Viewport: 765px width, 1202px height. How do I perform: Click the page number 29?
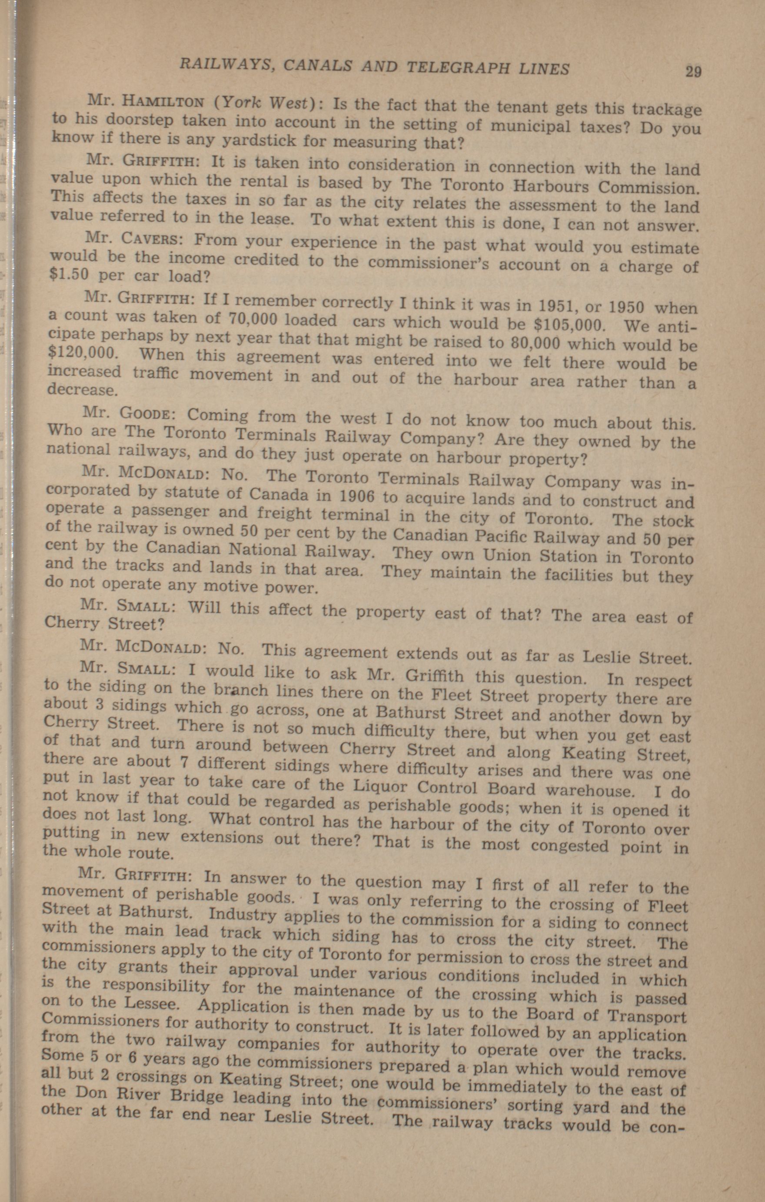(693, 71)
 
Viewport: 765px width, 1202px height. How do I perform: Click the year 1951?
(561, 305)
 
